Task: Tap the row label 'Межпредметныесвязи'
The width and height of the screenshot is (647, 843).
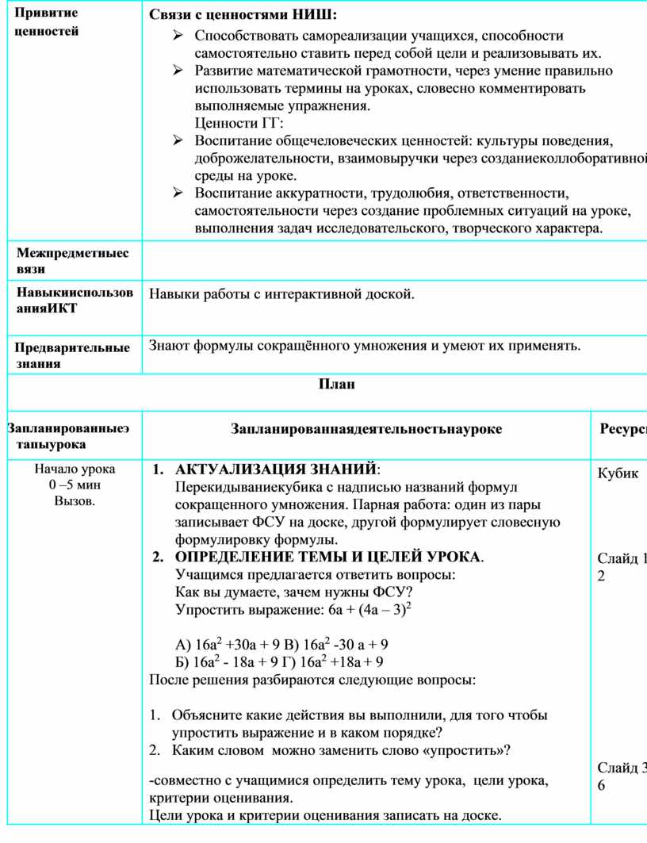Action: (x=72, y=261)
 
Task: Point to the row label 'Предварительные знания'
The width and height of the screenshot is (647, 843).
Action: (x=72, y=355)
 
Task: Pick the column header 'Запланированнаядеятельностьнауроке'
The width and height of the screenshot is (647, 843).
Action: (x=366, y=429)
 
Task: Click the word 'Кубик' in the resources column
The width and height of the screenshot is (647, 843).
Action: (x=618, y=473)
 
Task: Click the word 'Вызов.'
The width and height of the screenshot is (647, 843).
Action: (x=75, y=500)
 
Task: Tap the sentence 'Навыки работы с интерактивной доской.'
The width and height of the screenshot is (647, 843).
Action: (x=281, y=295)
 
